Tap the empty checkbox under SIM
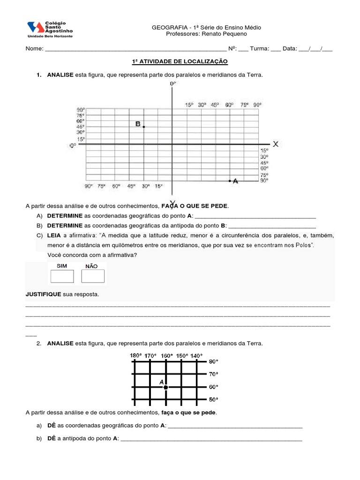(x=62, y=276)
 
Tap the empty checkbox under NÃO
(x=92, y=276)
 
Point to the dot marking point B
(x=144, y=127)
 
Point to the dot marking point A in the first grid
(x=230, y=181)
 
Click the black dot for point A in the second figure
(x=165, y=387)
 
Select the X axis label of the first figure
(x=276, y=144)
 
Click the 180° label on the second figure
(x=135, y=356)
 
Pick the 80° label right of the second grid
(x=213, y=361)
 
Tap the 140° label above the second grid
(x=196, y=356)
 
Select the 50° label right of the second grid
(x=213, y=399)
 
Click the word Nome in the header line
(x=34, y=48)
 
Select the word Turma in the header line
(x=259, y=48)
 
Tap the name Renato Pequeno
(x=220, y=34)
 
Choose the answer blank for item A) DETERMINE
(x=255, y=216)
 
